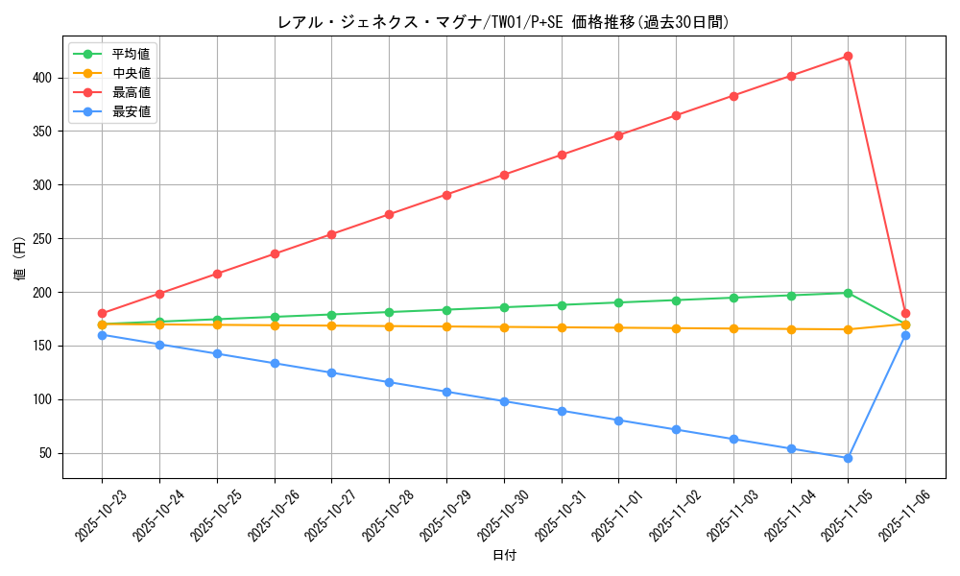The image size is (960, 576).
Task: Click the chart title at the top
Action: tap(503, 22)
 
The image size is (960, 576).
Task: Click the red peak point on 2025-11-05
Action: tap(848, 56)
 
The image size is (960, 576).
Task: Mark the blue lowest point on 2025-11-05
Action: tap(848, 458)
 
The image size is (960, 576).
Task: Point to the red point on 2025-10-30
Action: tap(504, 175)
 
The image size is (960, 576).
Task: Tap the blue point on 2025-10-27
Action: tap(331, 372)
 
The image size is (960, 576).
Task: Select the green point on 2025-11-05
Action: tap(848, 293)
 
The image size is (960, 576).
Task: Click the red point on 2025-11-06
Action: tap(905, 313)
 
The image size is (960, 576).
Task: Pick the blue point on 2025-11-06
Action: tap(905, 335)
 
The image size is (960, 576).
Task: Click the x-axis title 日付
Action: tap(504, 556)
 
